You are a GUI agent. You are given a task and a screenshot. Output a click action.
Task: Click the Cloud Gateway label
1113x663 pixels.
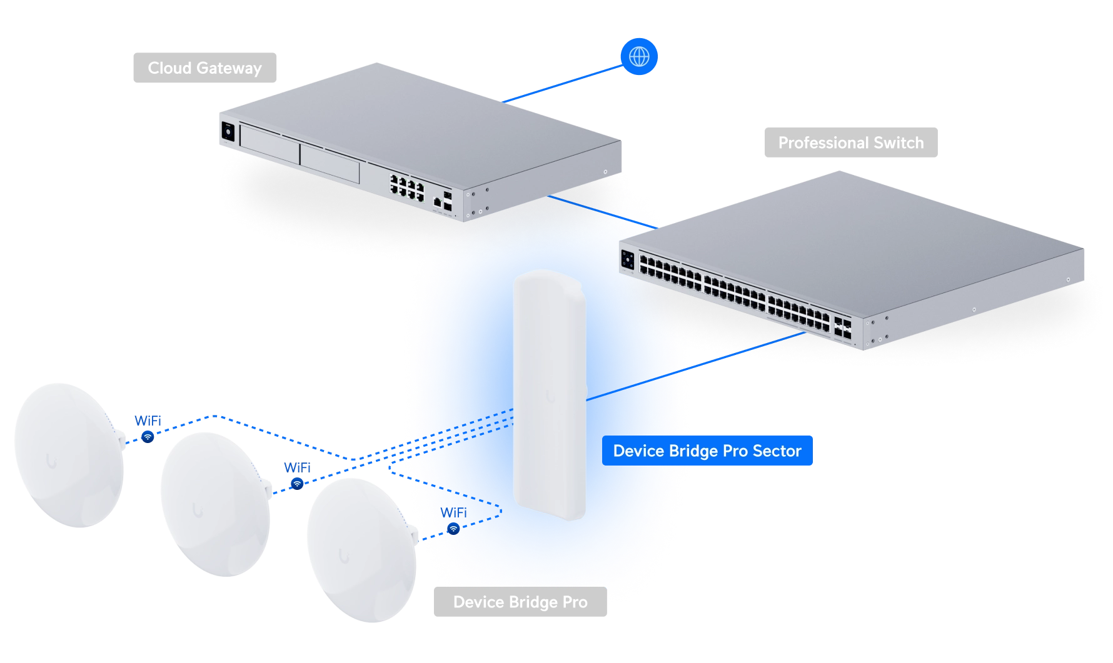pyautogui.click(x=204, y=67)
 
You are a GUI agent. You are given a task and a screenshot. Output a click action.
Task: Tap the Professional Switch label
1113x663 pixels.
pyautogui.click(x=850, y=142)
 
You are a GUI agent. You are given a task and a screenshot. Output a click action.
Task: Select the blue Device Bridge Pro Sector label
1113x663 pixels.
pyautogui.click(x=707, y=451)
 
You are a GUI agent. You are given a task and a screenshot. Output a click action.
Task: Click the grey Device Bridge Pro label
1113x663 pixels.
pyautogui.click(x=520, y=602)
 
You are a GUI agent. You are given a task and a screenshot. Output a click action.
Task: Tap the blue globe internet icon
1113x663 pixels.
pyautogui.click(x=639, y=56)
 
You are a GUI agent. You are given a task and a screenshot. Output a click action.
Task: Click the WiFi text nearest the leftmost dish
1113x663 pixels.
pyautogui.click(x=148, y=421)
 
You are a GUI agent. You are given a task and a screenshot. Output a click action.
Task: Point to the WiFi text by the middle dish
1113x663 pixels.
pyautogui.click(x=298, y=467)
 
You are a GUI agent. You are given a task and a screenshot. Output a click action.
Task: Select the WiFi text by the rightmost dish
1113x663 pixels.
pyautogui.click(x=454, y=512)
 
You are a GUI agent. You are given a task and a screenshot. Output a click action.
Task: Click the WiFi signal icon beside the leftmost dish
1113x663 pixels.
pyautogui.click(x=148, y=437)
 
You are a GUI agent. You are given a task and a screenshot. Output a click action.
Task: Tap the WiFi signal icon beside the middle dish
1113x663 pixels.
pyautogui.click(x=298, y=484)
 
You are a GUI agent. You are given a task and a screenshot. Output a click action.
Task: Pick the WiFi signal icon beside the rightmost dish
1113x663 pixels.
pyautogui.click(x=454, y=529)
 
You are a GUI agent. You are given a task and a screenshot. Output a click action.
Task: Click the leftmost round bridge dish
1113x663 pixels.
pyautogui.click(x=69, y=455)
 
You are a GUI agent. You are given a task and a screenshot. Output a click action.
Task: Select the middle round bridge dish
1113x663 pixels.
pyautogui.click(x=216, y=504)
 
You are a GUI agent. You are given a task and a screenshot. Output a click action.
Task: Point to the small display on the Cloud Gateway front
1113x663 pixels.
pyautogui.click(x=228, y=132)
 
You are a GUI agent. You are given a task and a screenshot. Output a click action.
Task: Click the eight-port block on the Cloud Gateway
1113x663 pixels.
pyautogui.click(x=407, y=187)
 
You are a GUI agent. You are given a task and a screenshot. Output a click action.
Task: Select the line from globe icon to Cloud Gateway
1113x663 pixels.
pyautogui.click(x=563, y=84)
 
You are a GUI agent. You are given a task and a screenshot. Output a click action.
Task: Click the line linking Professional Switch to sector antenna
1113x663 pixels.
pyautogui.click(x=696, y=366)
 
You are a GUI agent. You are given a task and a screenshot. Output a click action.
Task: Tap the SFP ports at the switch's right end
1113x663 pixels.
pyautogui.click(x=842, y=328)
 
